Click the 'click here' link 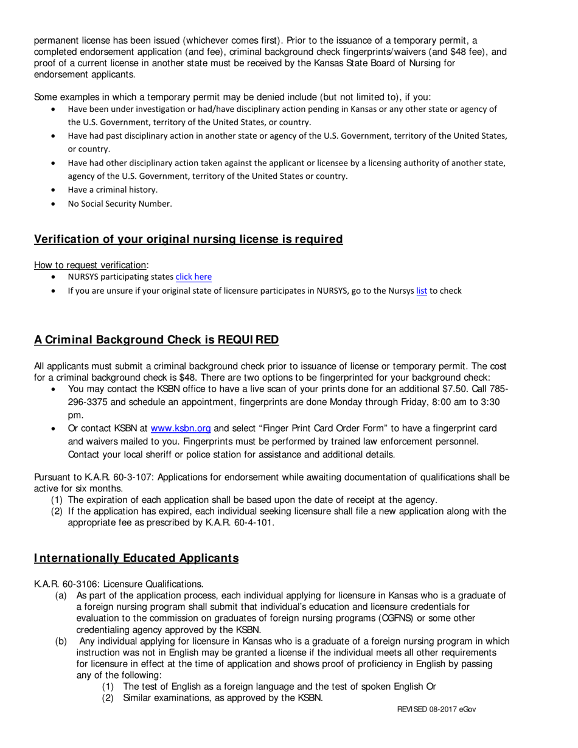(193, 277)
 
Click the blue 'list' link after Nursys (421, 291)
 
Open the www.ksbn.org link (180, 428)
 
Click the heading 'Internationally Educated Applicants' (136, 558)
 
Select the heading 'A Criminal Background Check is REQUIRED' (156, 339)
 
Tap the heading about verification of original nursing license (188, 239)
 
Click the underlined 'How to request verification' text (90, 265)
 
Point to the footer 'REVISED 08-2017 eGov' (436, 709)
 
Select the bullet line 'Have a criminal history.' (113, 190)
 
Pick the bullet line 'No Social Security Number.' (120, 204)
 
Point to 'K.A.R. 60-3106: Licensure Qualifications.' (119, 584)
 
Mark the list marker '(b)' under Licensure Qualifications (61, 641)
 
